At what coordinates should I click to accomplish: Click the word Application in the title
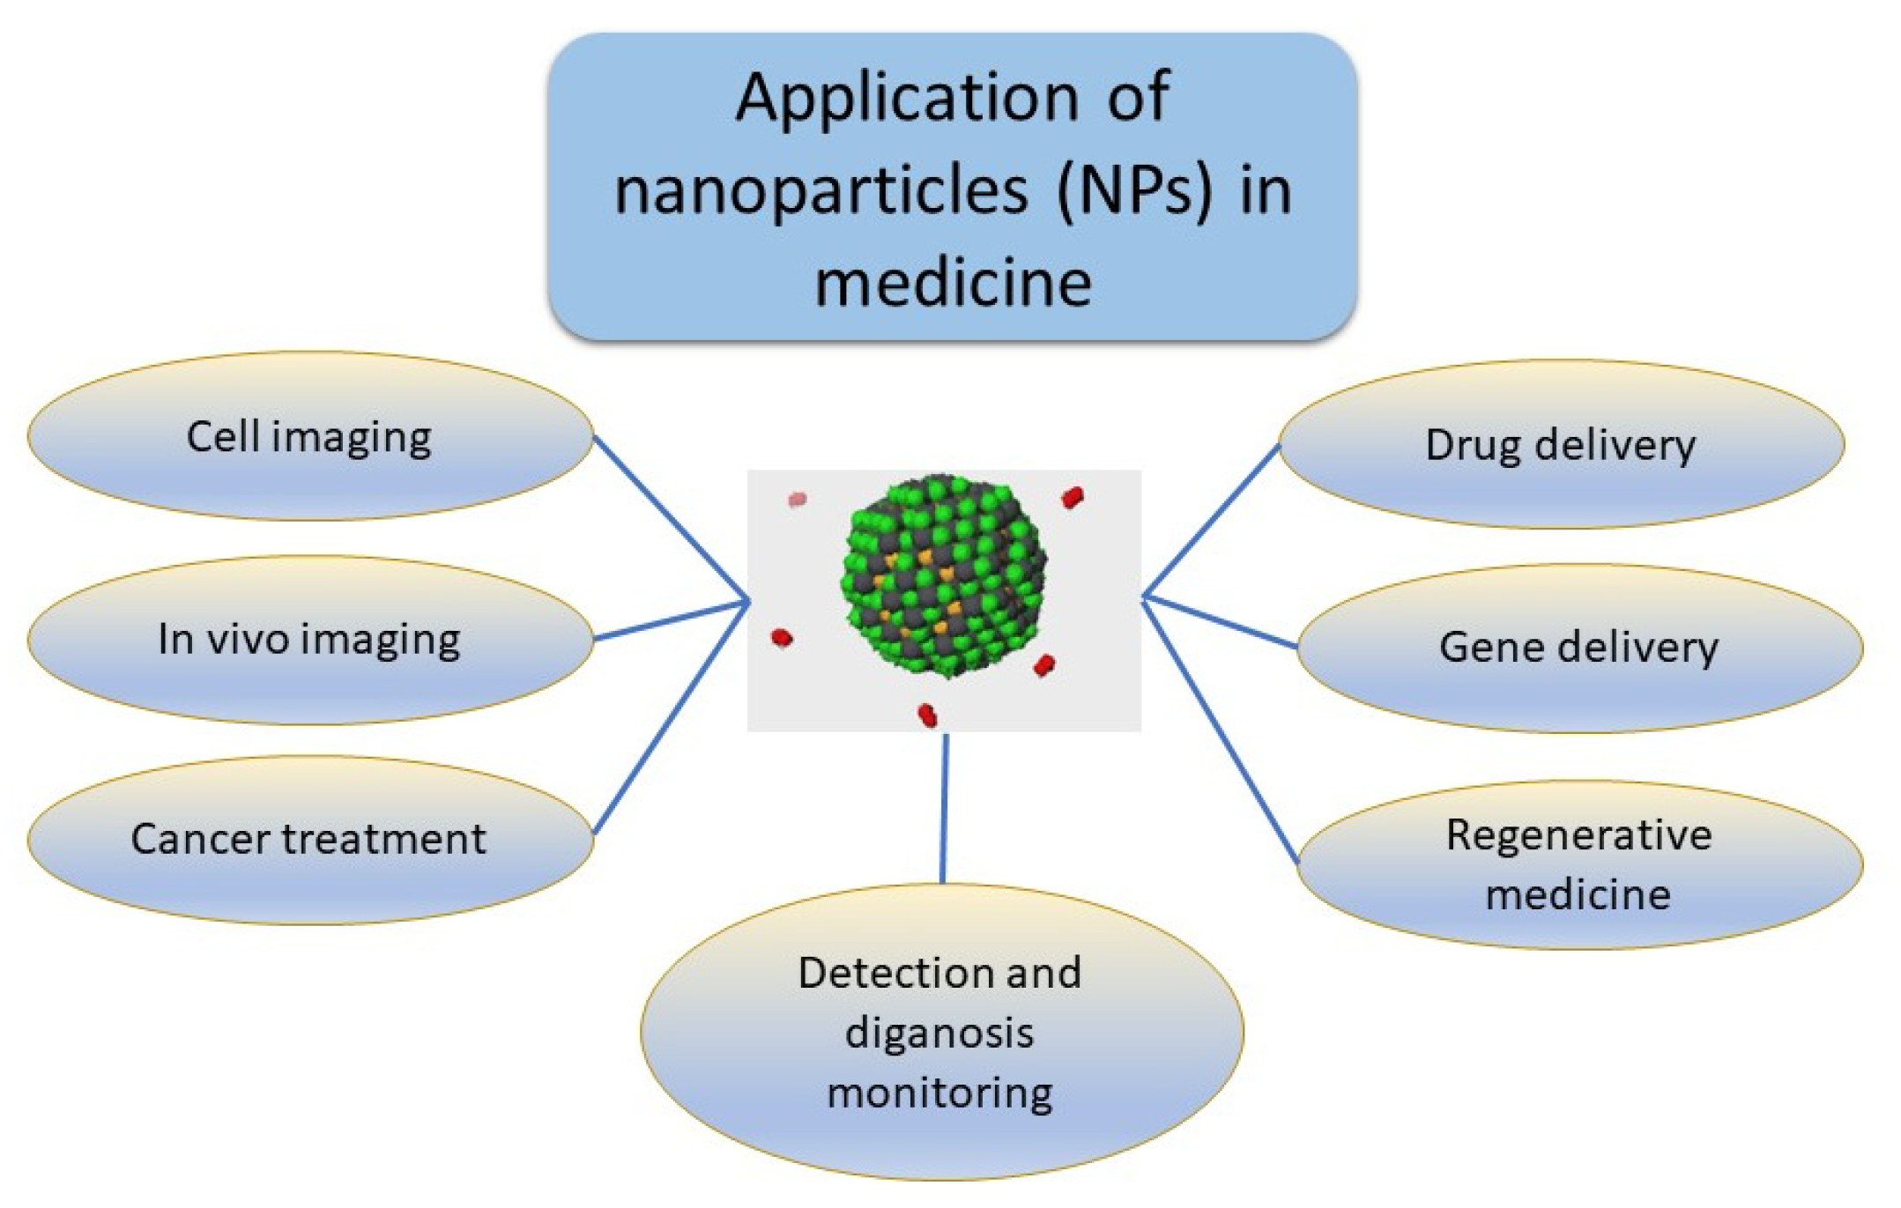coord(907,98)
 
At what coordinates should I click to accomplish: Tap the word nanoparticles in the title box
coord(821,191)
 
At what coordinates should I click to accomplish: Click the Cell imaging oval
coord(309,437)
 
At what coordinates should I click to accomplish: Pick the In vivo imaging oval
coord(309,640)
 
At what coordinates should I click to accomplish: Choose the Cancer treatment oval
coord(309,840)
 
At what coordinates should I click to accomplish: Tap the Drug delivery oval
coord(1560,445)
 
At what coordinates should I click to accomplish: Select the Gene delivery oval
coord(1578,648)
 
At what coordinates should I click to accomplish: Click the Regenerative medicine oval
coord(1578,864)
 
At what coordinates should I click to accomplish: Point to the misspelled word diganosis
coord(939,1033)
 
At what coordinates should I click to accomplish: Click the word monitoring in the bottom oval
coord(939,1093)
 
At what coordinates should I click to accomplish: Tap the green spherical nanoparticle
coord(944,577)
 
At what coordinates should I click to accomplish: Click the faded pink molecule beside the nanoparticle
coord(797,500)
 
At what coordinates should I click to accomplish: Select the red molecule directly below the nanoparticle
coord(927,715)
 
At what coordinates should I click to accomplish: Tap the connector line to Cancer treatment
coord(670,718)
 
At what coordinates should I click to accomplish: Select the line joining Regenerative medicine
coord(1221,731)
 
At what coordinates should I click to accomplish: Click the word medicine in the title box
coord(953,285)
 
